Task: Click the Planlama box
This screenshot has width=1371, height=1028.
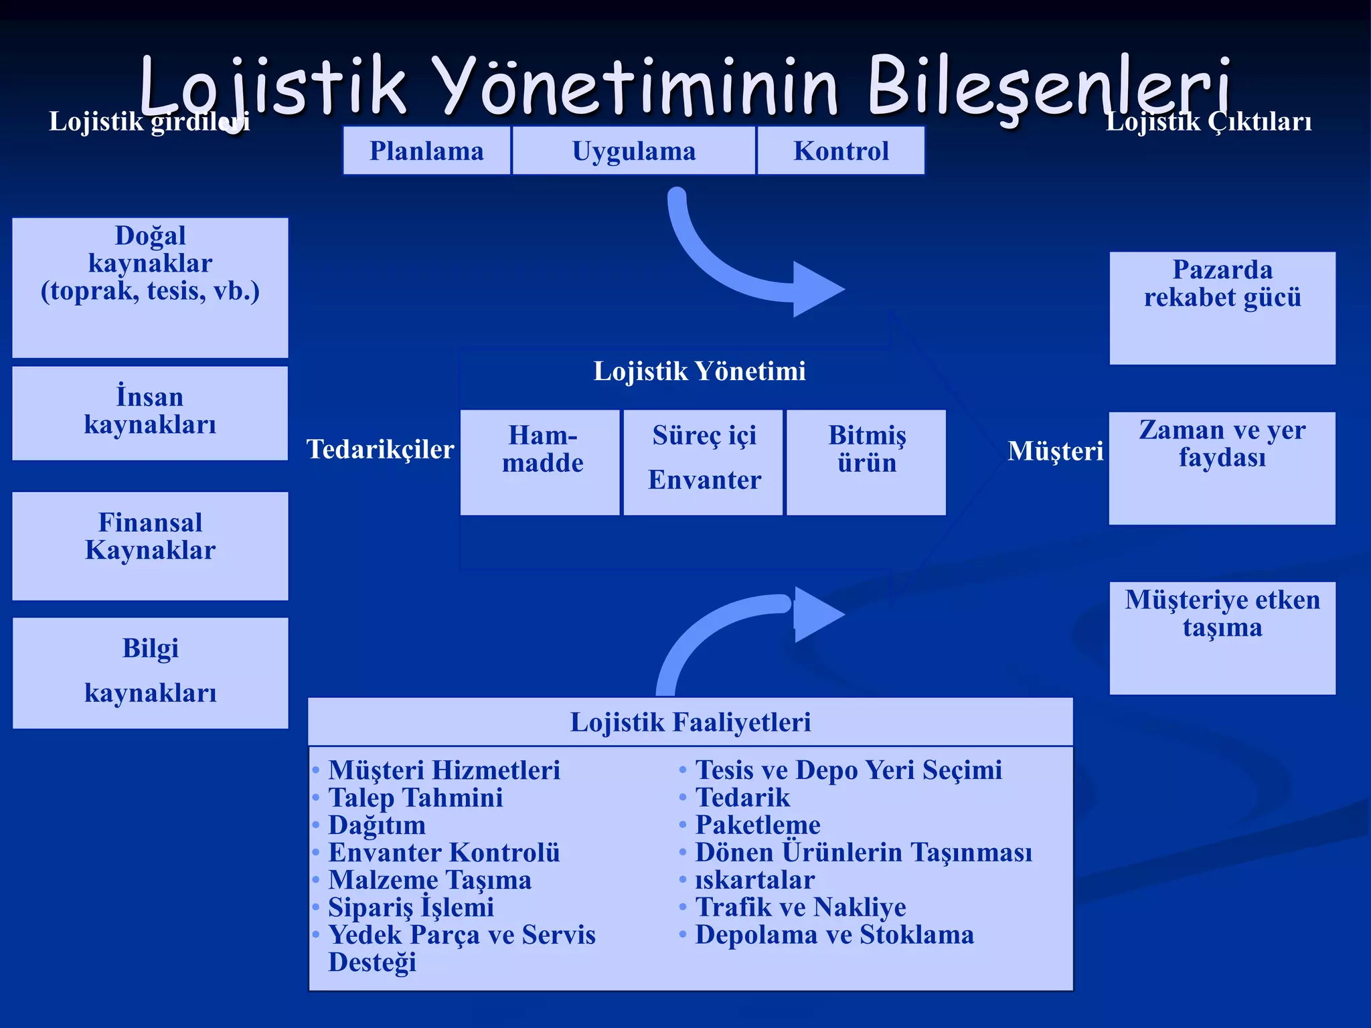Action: tap(426, 151)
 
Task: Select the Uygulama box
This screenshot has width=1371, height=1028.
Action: tap(633, 151)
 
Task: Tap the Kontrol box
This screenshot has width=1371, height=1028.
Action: tap(841, 151)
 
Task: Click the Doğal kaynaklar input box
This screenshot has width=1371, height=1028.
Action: tap(150, 287)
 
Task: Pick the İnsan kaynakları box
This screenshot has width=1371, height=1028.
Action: tap(150, 412)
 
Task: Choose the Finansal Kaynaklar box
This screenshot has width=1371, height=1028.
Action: tap(150, 545)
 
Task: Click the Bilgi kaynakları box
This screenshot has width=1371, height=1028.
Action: tap(150, 672)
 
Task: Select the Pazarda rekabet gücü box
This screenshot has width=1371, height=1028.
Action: tap(1222, 308)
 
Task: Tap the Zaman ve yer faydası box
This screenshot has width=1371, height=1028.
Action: tap(1222, 468)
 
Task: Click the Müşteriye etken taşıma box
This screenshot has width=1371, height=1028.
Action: tap(1222, 637)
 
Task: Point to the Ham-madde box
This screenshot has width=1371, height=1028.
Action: tap(540, 462)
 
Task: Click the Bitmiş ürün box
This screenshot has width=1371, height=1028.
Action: tap(866, 462)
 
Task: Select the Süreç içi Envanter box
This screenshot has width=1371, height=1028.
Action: tap(703, 462)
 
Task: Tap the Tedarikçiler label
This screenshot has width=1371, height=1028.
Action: tap(380, 449)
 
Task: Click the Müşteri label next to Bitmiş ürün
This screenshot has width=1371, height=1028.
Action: tap(1055, 450)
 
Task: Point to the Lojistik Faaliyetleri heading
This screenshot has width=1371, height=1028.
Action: tap(690, 721)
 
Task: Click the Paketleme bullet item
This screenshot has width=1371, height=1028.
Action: tap(757, 825)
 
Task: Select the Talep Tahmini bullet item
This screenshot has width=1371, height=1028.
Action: tap(415, 797)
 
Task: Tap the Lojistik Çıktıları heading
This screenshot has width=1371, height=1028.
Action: tap(1208, 122)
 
